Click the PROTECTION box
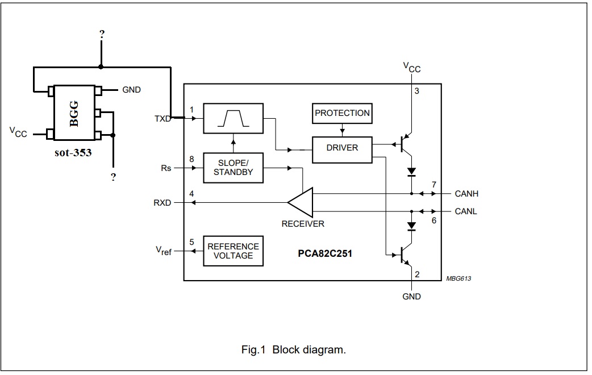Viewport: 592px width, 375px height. point(342,113)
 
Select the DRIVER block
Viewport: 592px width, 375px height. point(342,150)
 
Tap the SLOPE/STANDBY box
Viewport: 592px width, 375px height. point(234,168)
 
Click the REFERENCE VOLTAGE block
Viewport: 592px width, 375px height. point(234,251)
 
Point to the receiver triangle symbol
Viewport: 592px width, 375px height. point(301,203)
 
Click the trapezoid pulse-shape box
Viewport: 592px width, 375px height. point(234,118)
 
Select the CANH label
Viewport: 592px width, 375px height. point(466,194)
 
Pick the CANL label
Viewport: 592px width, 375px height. point(466,211)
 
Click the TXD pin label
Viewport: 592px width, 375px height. point(162,119)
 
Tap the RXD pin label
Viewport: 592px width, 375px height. point(162,203)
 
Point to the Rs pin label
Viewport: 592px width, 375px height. point(166,168)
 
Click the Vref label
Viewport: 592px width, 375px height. point(164,251)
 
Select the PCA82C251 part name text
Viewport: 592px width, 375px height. point(325,253)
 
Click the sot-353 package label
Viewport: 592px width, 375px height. point(73,153)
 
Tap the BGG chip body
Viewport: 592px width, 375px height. point(74,113)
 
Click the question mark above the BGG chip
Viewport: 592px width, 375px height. point(102,34)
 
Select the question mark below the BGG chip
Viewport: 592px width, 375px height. point(113,177)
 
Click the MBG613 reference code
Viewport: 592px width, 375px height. point(458,279)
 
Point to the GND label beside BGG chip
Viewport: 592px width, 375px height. point(131,90)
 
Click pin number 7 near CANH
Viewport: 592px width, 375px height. point(434,185)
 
